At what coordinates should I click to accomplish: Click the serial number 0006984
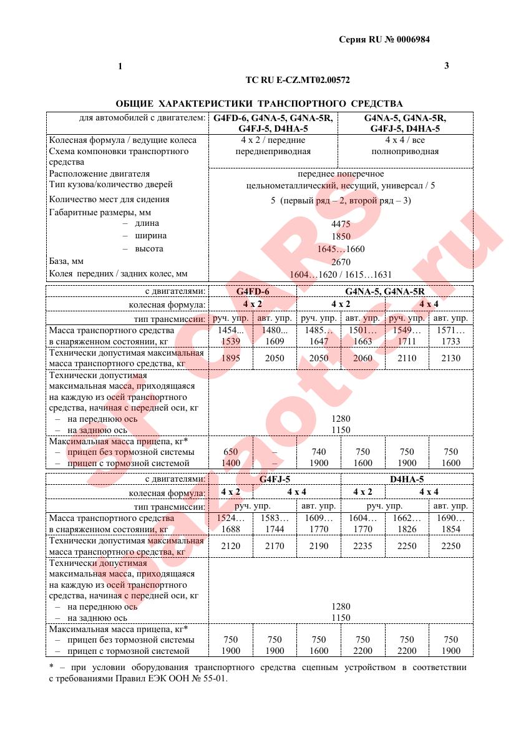click(410, 39)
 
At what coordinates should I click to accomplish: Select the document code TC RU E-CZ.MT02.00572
click(298, 80)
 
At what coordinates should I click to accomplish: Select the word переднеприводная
click(273, 152)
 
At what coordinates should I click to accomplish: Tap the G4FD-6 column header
click(253, 291)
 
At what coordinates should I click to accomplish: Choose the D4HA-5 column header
click(407, 479)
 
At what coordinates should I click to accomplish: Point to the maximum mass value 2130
click(450, 358)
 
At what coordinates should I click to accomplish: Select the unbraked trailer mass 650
click(230, 452)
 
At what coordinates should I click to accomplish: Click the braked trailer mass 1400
click(230, 463)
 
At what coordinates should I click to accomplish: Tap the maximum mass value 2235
click(363, 546)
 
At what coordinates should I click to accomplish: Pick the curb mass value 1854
click(450, 529)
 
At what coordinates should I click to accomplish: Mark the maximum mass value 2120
click(230, 546)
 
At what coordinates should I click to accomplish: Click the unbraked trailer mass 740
click(318, 452)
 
